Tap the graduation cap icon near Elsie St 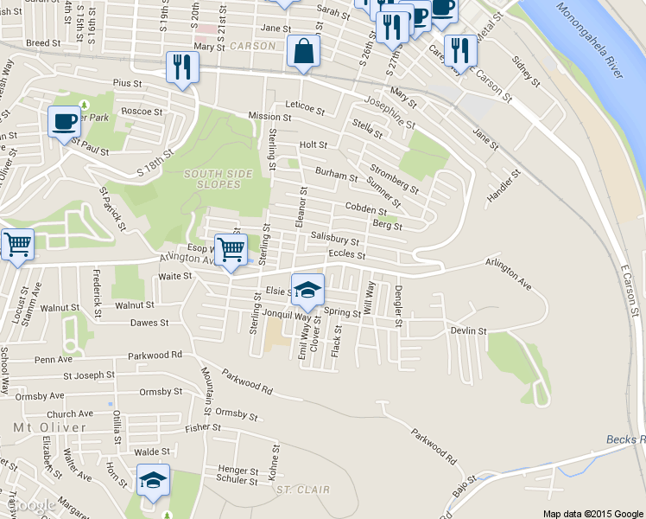coord(307,291)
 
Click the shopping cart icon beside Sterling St coord(231,251)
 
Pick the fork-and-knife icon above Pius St coord(182,67)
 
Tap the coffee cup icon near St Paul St coord(64,122)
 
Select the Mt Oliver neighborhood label coord(50,428)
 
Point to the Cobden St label coord(365,209)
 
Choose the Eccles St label coord(347,255)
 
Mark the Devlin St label coord(468,331)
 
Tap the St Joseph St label coord(88,375)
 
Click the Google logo coord(32,505)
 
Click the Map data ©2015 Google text coord(592,513)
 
